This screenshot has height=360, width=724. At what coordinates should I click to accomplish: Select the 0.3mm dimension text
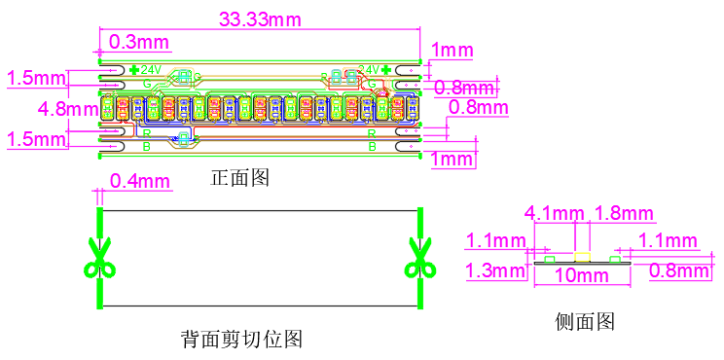[139, 42]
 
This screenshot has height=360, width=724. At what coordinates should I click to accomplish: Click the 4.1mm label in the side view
[555, 213]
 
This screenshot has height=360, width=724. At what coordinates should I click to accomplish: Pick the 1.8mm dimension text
[623, 213]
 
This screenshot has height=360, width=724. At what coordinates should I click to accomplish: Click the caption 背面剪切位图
[242, 340]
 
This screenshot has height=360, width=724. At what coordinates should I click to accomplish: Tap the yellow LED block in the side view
[583, 257]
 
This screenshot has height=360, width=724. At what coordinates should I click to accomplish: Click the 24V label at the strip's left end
[150, 70]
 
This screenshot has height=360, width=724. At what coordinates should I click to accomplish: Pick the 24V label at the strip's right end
[369, 70]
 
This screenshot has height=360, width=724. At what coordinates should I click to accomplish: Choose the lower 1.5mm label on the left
[35, 139]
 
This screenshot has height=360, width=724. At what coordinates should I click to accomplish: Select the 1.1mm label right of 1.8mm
[667, 240]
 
